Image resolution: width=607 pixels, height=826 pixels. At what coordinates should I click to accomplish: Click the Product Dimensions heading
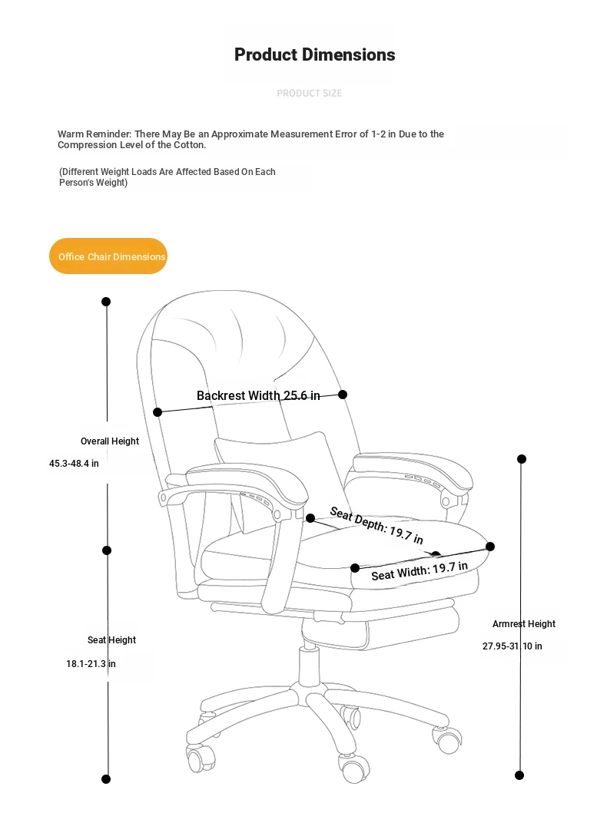314,55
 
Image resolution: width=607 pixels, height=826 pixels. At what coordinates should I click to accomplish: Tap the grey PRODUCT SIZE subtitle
309,93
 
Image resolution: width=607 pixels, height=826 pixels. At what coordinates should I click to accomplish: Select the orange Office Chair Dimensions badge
108,256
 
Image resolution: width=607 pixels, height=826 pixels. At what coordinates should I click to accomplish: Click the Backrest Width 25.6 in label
258,395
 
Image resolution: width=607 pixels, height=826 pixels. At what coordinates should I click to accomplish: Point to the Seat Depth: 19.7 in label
376,524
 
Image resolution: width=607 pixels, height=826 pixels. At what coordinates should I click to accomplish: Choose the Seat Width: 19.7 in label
420,571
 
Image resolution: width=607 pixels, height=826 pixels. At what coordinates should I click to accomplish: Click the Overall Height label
110,441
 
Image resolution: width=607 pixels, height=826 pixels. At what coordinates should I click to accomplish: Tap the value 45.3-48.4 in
74,464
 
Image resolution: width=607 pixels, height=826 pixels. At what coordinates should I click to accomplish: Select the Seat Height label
112,640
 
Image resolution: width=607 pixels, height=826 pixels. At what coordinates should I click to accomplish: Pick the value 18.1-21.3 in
91,664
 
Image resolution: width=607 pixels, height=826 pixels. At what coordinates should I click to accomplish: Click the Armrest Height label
524,623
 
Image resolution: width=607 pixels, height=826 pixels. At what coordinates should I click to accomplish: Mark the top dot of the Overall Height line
106,302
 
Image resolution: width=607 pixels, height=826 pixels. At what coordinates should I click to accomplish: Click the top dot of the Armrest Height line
522,459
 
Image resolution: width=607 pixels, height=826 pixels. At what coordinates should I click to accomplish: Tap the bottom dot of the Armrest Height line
519,775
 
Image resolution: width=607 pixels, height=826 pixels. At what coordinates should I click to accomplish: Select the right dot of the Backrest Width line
343,395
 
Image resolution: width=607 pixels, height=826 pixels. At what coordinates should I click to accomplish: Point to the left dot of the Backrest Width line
158,412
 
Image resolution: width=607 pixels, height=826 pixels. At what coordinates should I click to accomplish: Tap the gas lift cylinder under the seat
310,666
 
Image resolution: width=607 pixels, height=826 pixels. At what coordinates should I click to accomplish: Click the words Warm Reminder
95,134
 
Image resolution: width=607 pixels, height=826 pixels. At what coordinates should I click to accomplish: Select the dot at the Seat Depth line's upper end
310,518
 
